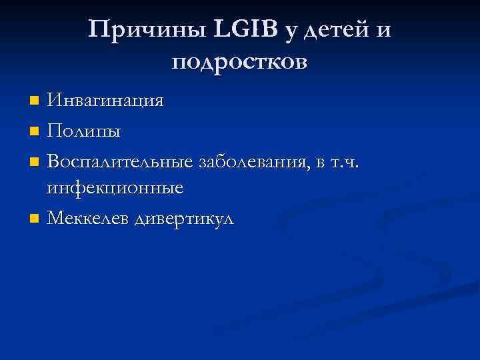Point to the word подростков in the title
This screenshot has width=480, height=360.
point(239,63)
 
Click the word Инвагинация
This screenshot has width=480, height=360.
point(105,101)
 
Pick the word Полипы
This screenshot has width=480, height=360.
point(85,131)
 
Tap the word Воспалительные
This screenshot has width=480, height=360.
point(120,161)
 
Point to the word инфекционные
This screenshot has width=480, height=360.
point(115,189)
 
